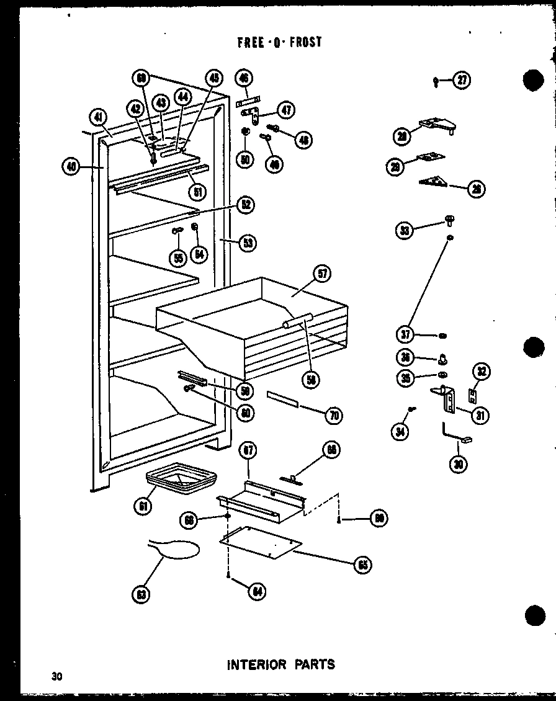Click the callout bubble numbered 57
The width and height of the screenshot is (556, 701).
point(323,274)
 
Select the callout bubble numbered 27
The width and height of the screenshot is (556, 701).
point(461,79)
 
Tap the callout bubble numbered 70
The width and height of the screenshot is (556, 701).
point(333,416)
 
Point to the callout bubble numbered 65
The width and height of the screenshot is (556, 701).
point(364,565)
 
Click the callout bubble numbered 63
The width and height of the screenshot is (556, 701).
point(141,595)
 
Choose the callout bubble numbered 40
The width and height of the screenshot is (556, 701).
point(72,166)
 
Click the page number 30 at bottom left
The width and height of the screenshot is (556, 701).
point(57,676)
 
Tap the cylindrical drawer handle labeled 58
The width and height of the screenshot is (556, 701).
point(297,321)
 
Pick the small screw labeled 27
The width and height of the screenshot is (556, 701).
point(437,79)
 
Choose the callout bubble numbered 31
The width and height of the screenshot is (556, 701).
point(478,416)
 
